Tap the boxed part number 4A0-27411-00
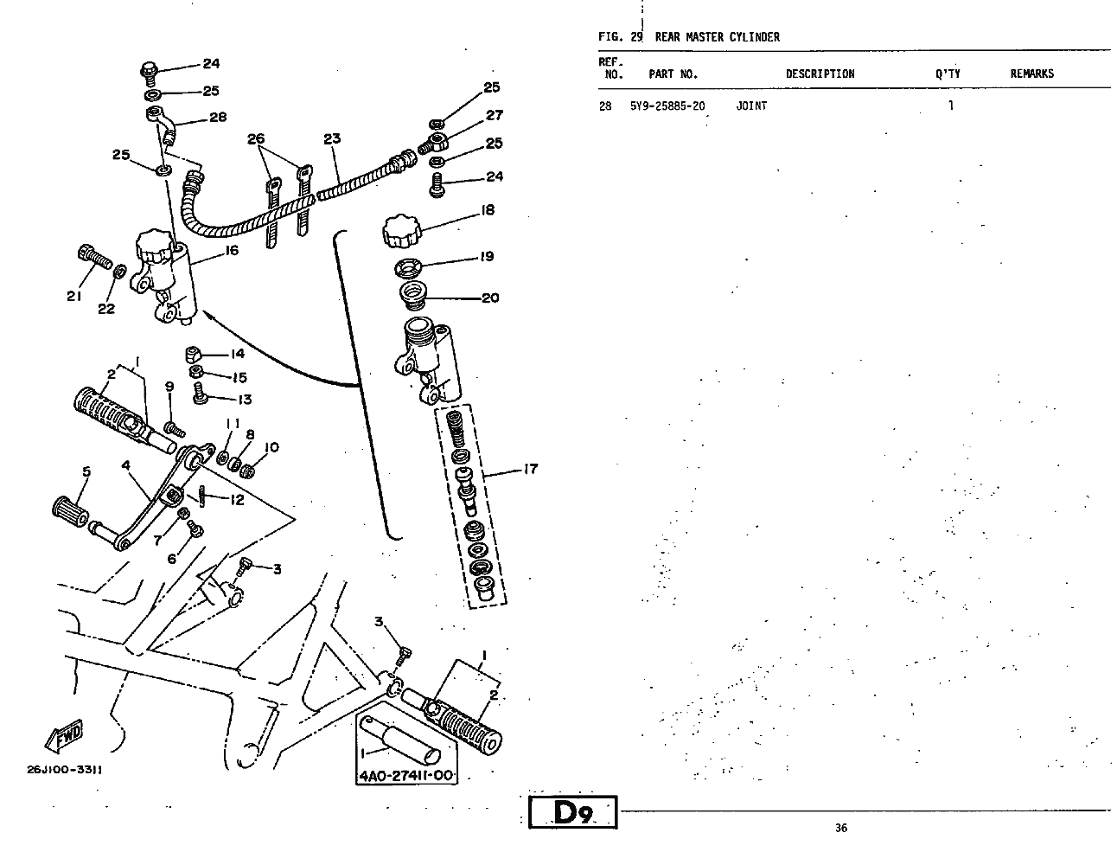pyautogui.click(x=406, y=776)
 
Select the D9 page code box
pyautogui.click(x=572, y=813)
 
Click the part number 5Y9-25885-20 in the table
pyautogui.click(x=667, y=106)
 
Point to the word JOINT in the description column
pyautogui.click(x=751, y=106)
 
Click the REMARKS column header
pyautogui.click(x=1031, y=74)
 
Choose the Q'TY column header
pyautogui.click(x=947, y=74)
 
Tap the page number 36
pyautogui.click(x=841, y=828)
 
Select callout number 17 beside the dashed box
pyautogui.click(x=530, y=469)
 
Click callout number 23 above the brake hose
pyautogui.click(x=332, y=138)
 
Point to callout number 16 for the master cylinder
pyautogui.click(x=231, y=251)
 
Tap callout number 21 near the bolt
pyautogui.click(x=73, y=296)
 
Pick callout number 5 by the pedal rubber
pyautogui.click(x=86, y=471)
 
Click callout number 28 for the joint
pyautogui.click(x=217, y=118)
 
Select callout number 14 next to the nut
pyautogui.click(x=237, y=354)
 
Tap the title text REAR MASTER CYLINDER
pyautogui.click(x=717, y=37)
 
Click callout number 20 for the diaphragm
pyautogui.click(x=490, y=298)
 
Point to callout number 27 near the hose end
pyautogui.click(x=494, y=115)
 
